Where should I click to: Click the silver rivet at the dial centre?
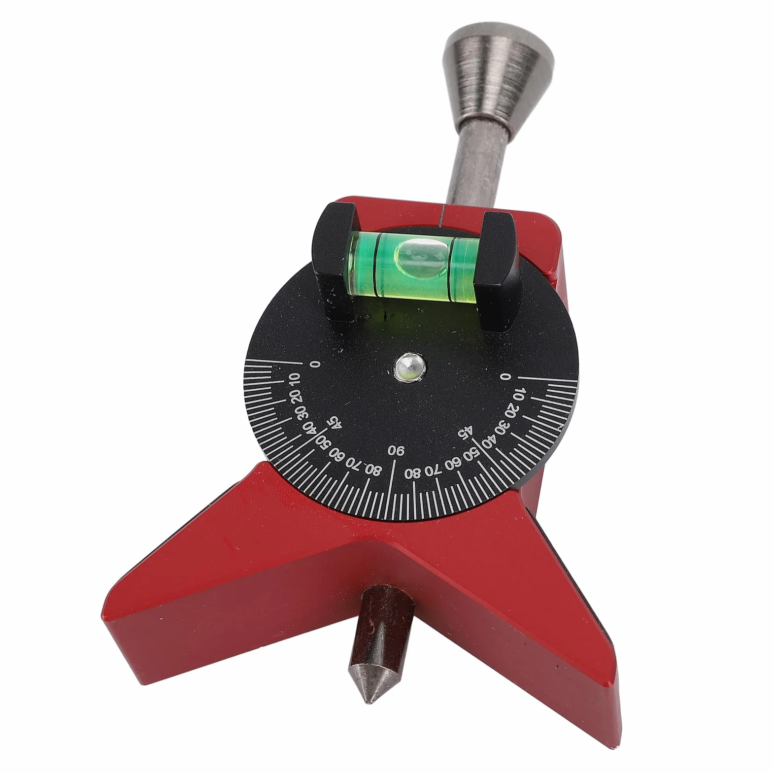point(410,367)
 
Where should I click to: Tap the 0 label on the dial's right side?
point(504,376)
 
